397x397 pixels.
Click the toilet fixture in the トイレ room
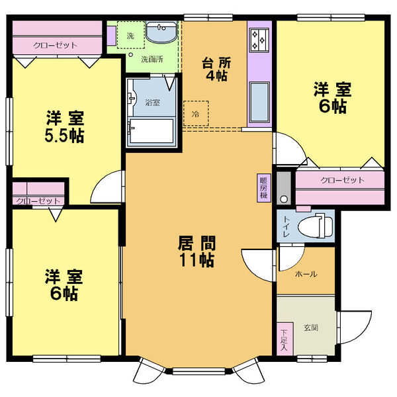click(x=316, y=226)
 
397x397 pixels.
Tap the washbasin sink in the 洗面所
click(x=162, y=32)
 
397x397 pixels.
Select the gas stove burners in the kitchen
click(x=259, y=40)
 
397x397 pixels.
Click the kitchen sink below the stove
click(x=259, y=102)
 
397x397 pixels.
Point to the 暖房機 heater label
click(x=263, y=188)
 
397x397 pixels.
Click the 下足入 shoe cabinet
click(x=285, y=339)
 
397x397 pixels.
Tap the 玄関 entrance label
click(x=311, y=328)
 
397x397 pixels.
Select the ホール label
click(x=306, y=274)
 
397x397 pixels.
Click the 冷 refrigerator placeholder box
click(x=196, y=113)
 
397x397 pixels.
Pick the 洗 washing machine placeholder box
click(x=131, y=34)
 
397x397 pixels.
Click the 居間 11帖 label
click(x=197, y=251)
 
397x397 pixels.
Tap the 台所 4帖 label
click(x=216, y=69)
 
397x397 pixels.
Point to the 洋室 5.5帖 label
click(x=64, y=126)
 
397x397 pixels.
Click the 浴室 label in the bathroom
click(x=152, y=103)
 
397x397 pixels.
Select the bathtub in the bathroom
click(x=152, y=132)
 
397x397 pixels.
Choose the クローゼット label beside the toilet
click(x=342, y=180)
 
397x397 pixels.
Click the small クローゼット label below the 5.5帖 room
click(x=38, y=201)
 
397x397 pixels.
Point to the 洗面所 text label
click(x=152, y=60)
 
